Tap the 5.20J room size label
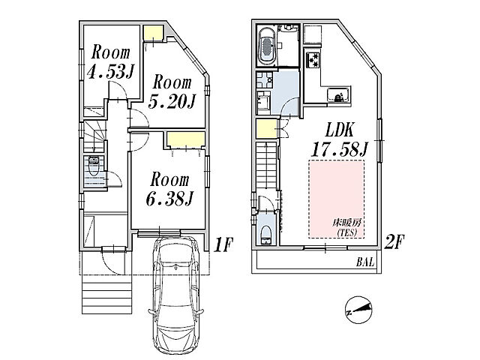(172, 102)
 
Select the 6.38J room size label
(169, 199)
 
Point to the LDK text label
(340, 130)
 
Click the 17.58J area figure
(339, 150)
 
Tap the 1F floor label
(223, 245)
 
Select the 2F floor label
(394, 241)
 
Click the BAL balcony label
(365, 262)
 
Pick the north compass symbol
(358, 310)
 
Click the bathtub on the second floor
(268, 45)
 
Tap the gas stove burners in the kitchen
(313, 59)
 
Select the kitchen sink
(338, 94)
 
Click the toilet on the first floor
(94, 165)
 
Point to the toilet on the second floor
(266, 235)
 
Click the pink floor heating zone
(337, 199)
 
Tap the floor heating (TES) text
(347, 227)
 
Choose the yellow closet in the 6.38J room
(186, 140)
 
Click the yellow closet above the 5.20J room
(153, 33)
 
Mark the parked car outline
(175, 295)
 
